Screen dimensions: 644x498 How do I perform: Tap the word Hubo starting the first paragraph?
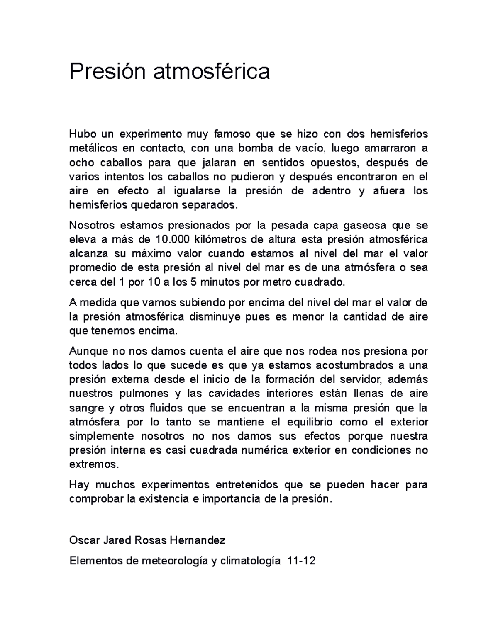pos(83,134)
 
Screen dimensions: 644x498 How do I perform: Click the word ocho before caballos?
pos(82,163)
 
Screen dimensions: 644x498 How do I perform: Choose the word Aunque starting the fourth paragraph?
pos(88,351)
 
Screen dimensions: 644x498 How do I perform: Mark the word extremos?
pos(93,464)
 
